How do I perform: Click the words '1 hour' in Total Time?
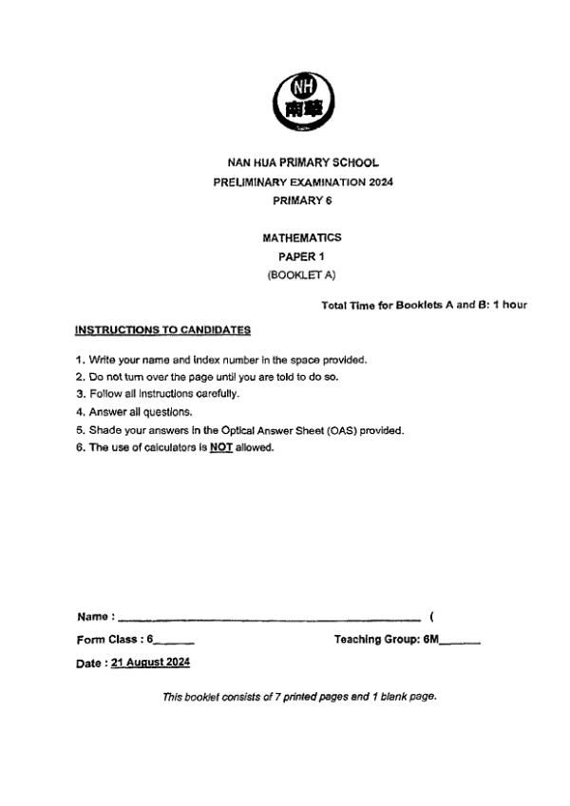[508, 305]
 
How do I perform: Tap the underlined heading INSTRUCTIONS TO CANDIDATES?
[162, 330]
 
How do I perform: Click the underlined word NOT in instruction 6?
[221, 448]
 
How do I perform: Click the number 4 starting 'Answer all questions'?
[80, 412]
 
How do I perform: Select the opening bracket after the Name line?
[432, 617]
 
